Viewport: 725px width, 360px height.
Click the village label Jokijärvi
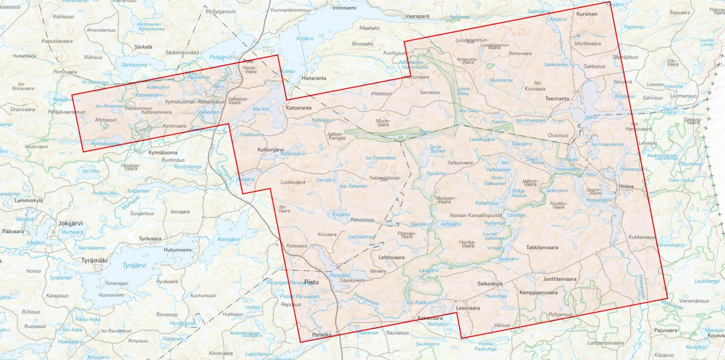click(70, 223)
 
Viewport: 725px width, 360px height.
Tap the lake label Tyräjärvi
click(134, 266)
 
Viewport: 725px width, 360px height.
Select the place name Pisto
click(311, 282)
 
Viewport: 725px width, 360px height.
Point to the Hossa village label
click(626, 186)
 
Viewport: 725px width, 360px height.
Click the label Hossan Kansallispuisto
click(476, 215)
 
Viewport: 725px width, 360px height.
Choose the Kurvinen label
click(587, 14)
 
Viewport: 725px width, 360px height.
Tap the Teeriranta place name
click(557, 99)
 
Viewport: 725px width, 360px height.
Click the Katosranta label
click(298, 108)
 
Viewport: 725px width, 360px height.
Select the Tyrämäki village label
click(94, 261)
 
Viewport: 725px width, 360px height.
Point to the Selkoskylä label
click(490, 284)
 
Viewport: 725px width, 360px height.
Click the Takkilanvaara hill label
click(542, 248)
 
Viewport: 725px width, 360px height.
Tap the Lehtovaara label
click(391, 257)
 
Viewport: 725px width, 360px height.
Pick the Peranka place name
click(321, 335)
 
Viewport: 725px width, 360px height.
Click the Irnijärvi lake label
click(305, 39)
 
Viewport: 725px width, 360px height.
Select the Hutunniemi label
click(178, 250)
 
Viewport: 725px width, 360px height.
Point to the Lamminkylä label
click(29, 201)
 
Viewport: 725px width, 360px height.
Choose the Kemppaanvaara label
click(538, 293)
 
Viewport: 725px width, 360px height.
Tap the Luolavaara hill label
click(292, 182)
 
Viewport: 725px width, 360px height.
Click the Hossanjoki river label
click(642, 287)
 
